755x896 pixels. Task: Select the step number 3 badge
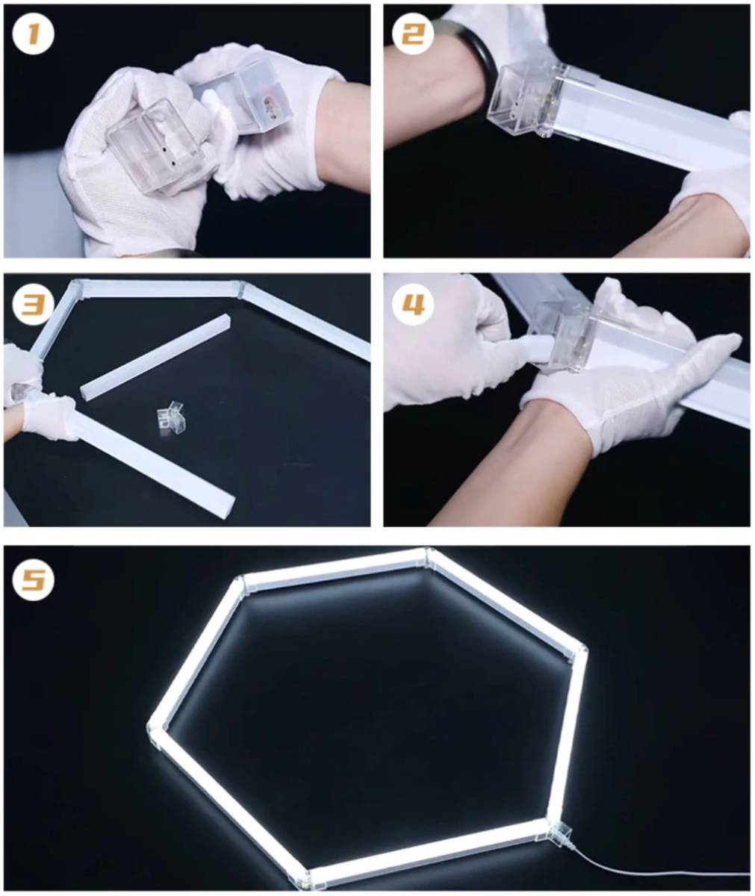34,304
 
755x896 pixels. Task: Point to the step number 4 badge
413,304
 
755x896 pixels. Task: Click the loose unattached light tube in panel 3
155,358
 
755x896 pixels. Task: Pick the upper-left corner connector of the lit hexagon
240,585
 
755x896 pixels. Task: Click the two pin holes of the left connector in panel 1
168,157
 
